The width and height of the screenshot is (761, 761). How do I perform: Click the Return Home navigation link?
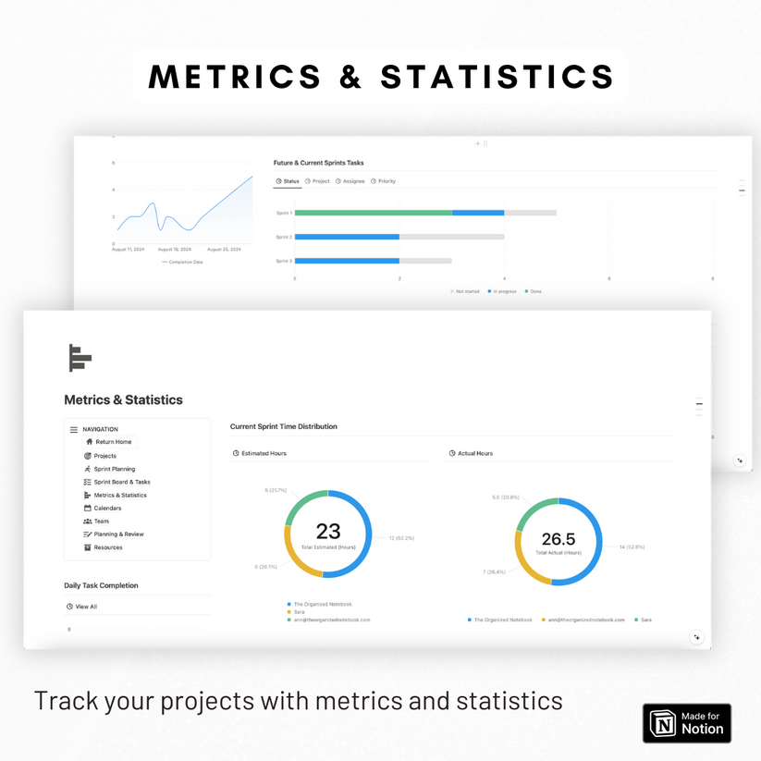click(x=113, y=442)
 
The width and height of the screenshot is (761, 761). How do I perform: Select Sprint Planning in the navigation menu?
click(x=114, y=469)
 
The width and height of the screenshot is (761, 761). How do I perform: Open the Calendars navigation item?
click(x=107, y=509)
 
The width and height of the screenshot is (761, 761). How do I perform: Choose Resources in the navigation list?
click(x=107, y=547)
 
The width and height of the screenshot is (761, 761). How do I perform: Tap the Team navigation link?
click(x=101, y=522)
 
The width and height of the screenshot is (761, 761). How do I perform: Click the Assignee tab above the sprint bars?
click(x=350, y=181)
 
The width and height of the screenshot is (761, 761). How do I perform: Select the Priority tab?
click(x=384, y=181)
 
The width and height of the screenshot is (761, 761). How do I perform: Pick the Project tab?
click(x=317, y=181)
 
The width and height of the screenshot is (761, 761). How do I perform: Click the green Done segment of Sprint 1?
click(x=373, y=213)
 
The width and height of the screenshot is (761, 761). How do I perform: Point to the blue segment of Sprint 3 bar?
click(x=347, y=261)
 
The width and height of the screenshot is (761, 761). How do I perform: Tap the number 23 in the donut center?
click(x=328, y=531)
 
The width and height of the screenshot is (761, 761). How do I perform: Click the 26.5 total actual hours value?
click(x=558, y=539)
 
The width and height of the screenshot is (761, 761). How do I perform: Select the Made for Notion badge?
click(x=687, y=723)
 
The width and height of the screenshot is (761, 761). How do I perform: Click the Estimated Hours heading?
click(x=264, y=454)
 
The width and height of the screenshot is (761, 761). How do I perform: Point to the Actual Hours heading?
click(x=474, y=454)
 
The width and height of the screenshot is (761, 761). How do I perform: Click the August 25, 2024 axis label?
click(x=224, y=250)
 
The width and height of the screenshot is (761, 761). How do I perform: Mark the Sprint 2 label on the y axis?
click(x=284, y=237)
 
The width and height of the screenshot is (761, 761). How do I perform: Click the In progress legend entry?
click(x=504, y=291)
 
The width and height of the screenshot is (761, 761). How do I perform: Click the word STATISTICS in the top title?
click(x=497, y=77)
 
